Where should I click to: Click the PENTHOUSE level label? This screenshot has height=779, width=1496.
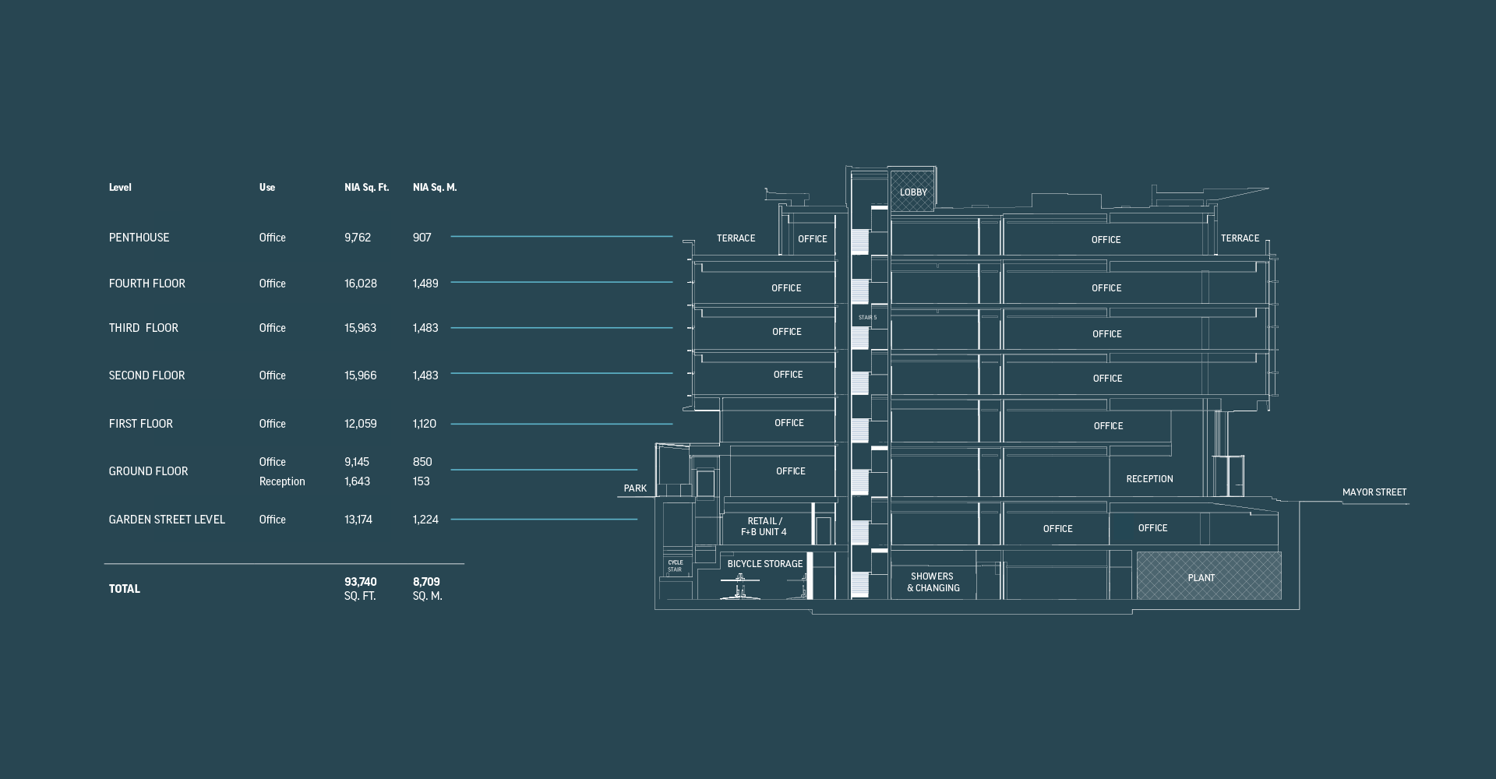(139, 238)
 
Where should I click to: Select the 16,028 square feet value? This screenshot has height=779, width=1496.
(361, 284)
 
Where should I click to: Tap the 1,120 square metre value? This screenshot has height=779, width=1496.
(425, 424)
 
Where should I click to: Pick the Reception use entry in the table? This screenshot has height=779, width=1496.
(282, 481)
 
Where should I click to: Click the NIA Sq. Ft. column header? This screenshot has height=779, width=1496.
(366, 187)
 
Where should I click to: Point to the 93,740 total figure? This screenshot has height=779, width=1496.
(361, 582)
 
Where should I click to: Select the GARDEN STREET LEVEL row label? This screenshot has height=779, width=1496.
(167, 520)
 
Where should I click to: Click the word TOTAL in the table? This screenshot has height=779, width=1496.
(125, 589)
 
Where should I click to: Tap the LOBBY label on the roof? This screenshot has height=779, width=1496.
(913, 192)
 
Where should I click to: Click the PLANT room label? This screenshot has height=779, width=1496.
(1201, 578)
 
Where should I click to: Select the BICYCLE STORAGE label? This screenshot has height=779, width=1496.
(765, 564)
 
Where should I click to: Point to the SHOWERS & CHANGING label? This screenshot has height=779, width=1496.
(933, 583)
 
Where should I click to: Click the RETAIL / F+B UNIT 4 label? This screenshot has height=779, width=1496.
(764, 527)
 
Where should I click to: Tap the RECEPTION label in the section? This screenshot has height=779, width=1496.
(1149, 479)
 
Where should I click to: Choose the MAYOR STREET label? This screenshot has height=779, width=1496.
(1374, 492)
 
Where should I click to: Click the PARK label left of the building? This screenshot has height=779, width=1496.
(635, 488)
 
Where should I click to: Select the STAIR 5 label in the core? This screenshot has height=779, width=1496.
(867, 318)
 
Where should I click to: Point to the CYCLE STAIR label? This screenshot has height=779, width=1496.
(675, 566)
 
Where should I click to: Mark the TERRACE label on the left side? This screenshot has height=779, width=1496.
(736, 238)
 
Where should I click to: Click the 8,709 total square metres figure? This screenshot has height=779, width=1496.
(426, 582)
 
